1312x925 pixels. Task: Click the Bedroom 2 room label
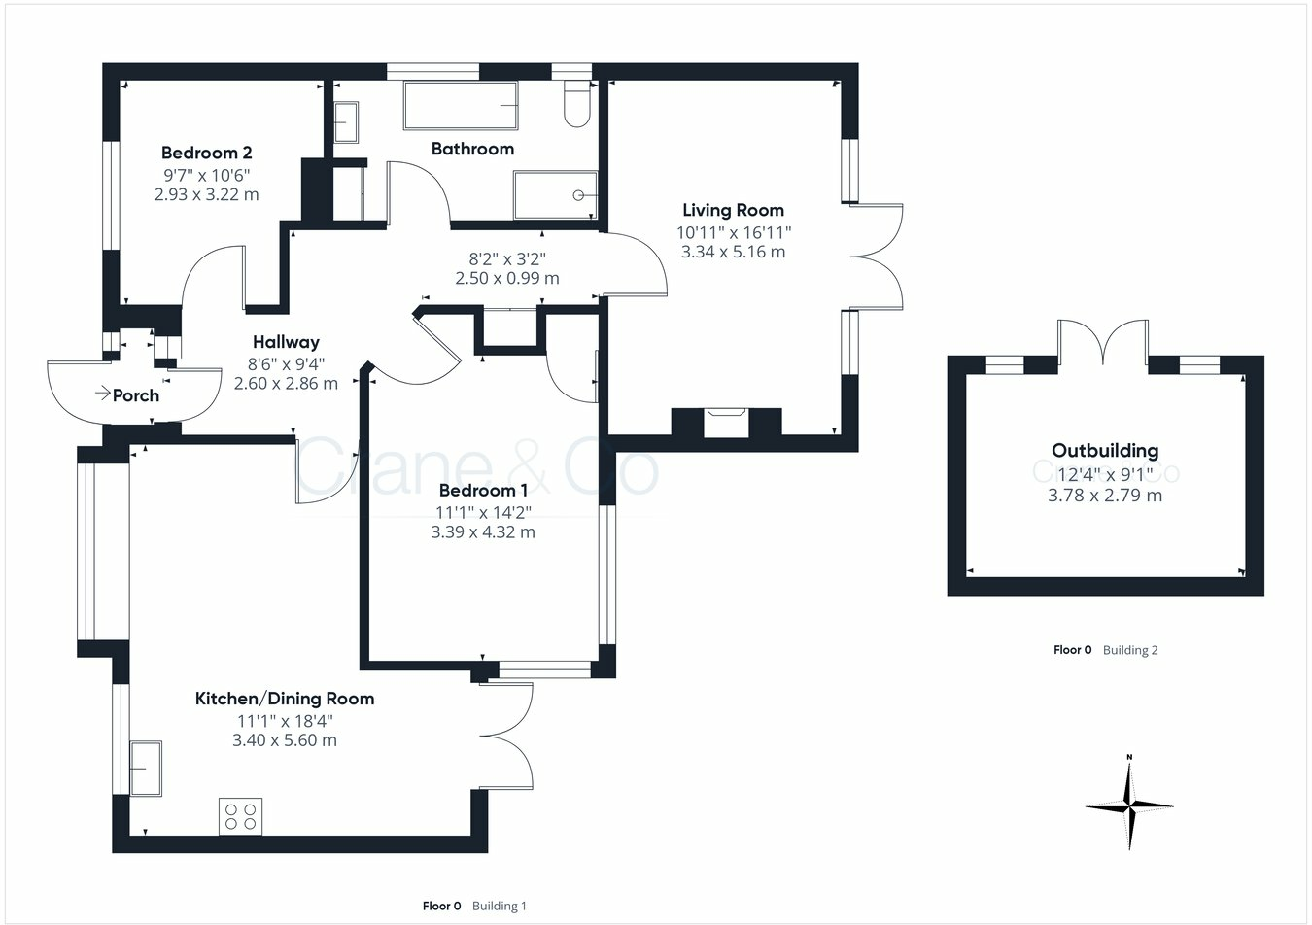206,153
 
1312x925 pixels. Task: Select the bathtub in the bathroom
461,105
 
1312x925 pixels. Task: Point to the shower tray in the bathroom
555,195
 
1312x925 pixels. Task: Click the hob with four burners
240,815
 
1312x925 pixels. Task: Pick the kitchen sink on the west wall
146,769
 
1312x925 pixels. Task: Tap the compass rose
1129,805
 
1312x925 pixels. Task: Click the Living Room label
733,210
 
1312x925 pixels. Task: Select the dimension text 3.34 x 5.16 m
733,252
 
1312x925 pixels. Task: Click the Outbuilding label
1105,451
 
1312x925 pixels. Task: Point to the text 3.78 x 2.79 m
1105,496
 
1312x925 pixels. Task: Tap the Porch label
135,395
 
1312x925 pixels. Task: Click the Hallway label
286,342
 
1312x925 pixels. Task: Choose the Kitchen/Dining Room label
285,699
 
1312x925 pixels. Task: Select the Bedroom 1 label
483,491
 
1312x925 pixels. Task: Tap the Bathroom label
472,149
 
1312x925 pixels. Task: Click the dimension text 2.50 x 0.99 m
506,278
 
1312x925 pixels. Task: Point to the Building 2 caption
1130,650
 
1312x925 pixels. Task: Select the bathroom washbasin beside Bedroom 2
346,122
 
